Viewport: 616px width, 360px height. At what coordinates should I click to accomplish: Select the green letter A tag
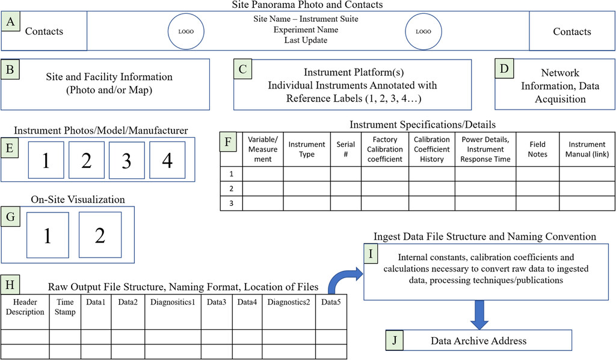[11, 21]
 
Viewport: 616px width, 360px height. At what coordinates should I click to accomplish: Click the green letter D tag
[504, 69]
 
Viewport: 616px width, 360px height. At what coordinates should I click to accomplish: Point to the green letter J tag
[395, 340]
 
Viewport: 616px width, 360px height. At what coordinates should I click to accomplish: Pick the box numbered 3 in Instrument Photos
[126, 160]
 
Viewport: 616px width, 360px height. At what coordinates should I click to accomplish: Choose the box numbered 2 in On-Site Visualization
[100, 235]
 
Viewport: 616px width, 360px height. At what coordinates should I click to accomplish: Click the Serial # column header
[346, 149]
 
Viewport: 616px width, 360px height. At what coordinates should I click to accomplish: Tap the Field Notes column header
[537, 149]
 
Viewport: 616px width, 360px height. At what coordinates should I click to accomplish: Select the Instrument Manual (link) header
[587, 149]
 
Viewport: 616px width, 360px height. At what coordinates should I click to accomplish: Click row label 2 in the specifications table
[232, 188]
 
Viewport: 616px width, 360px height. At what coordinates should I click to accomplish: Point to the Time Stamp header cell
[65, 307]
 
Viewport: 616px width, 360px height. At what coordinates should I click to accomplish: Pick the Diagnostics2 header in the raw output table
[289, 302]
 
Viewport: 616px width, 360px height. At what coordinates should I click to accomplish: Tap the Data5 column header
[331, 302]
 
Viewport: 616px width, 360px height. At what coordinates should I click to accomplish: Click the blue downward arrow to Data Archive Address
[479, 315]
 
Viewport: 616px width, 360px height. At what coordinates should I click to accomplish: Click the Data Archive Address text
[478, 341]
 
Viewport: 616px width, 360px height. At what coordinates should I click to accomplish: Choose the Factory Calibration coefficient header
[385, 149]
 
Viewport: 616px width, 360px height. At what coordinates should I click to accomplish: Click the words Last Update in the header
[306, 40]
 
